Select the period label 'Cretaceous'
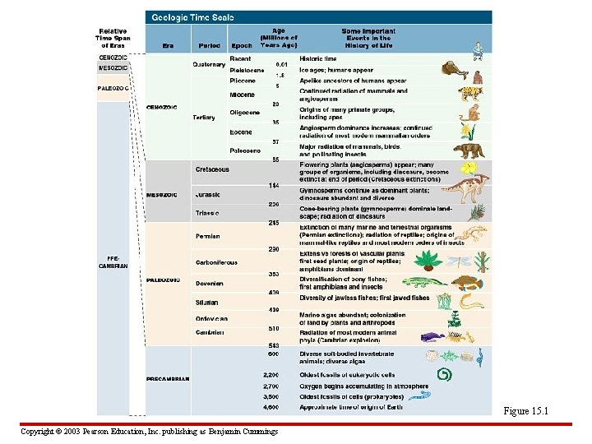[212, 169]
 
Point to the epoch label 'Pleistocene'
[247, 71]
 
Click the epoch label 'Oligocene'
[245, 112]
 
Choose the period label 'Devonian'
[209, 283]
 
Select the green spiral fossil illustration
[445, 375]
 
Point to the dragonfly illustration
[460, 259]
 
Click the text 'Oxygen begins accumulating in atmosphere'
[363, 386]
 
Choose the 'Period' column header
[210, 45]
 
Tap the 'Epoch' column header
[243, 45]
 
